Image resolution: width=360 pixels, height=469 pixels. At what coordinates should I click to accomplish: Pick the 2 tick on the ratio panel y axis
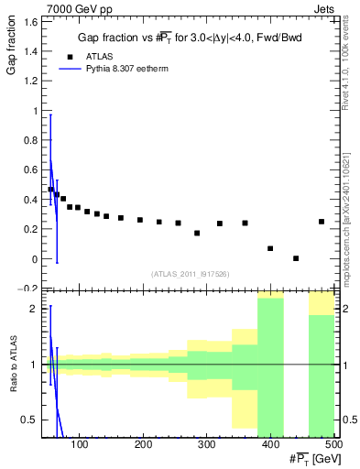[38, 309]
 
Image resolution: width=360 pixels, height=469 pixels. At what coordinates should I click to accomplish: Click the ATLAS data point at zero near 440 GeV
[296, 258]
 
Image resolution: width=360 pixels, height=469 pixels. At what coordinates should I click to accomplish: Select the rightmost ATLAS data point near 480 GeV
[322, 222]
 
